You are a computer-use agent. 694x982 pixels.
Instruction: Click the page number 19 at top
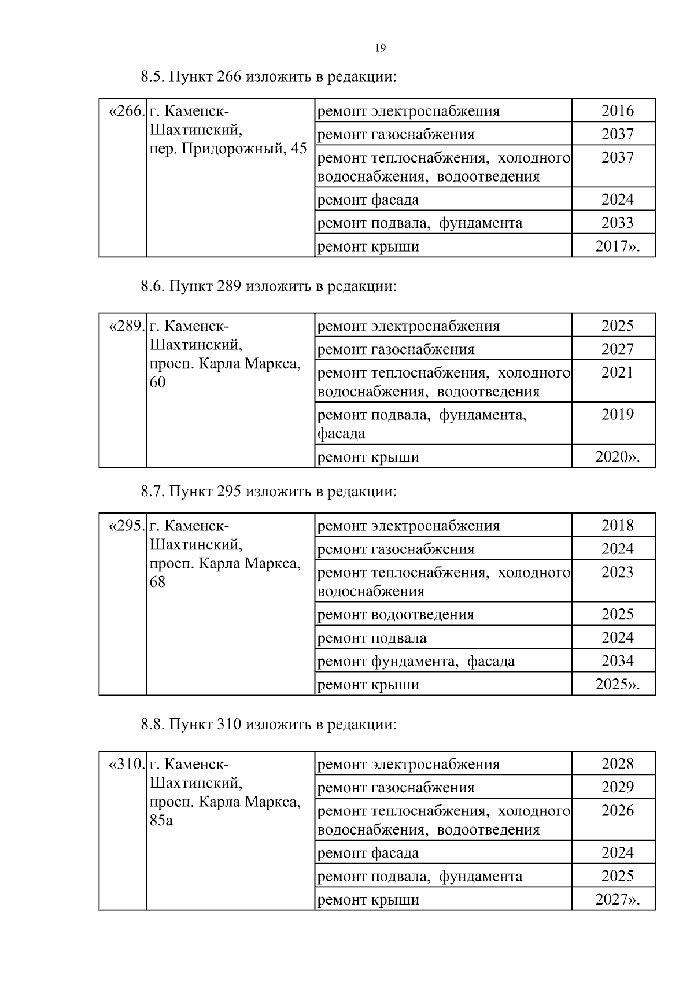point(380,48)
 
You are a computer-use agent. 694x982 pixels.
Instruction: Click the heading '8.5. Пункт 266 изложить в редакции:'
point(269,76)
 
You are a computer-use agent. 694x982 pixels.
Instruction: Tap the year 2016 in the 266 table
point(617,110)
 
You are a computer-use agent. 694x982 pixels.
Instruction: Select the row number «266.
point(126,110)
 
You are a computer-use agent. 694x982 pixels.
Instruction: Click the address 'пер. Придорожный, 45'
point(228,149)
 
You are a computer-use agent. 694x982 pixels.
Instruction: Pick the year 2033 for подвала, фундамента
point(617,223)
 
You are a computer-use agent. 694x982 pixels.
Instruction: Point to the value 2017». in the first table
point(617,246)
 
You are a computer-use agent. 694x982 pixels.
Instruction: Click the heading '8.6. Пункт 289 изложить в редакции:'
point(269,286)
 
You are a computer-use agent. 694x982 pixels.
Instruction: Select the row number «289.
point(126,326)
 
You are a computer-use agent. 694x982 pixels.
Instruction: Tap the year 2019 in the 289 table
point(617,414)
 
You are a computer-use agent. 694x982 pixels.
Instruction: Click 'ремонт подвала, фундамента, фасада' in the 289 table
point(422,423)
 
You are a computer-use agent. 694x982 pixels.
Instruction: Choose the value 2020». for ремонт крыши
point(617,457)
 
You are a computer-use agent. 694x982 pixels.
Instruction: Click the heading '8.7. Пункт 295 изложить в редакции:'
point(269,492)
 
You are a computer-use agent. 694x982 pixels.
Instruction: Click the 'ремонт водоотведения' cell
point(396,614)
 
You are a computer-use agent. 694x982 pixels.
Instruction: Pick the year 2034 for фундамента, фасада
point(617,660)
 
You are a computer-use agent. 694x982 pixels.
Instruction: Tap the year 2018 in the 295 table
point(617,525)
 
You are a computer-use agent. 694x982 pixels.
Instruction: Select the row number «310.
point(126,764)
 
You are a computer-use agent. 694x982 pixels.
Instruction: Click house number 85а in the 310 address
point(161,821)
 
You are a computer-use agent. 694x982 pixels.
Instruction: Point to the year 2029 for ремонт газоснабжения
point(617,787)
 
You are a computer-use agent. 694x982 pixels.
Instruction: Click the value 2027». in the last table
point(617,899)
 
